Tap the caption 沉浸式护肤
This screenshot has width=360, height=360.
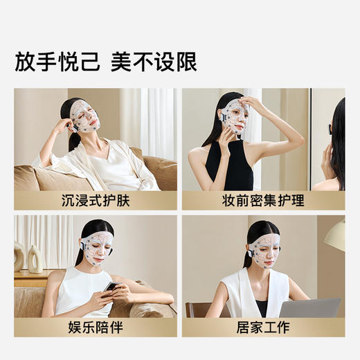tap(96, 201)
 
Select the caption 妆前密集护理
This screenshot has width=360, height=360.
tap(263, 201)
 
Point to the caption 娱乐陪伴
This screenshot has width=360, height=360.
tap(96, 327)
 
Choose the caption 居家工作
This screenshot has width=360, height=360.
tap(263, 327)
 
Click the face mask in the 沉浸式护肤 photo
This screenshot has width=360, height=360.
tap(85, 116)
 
